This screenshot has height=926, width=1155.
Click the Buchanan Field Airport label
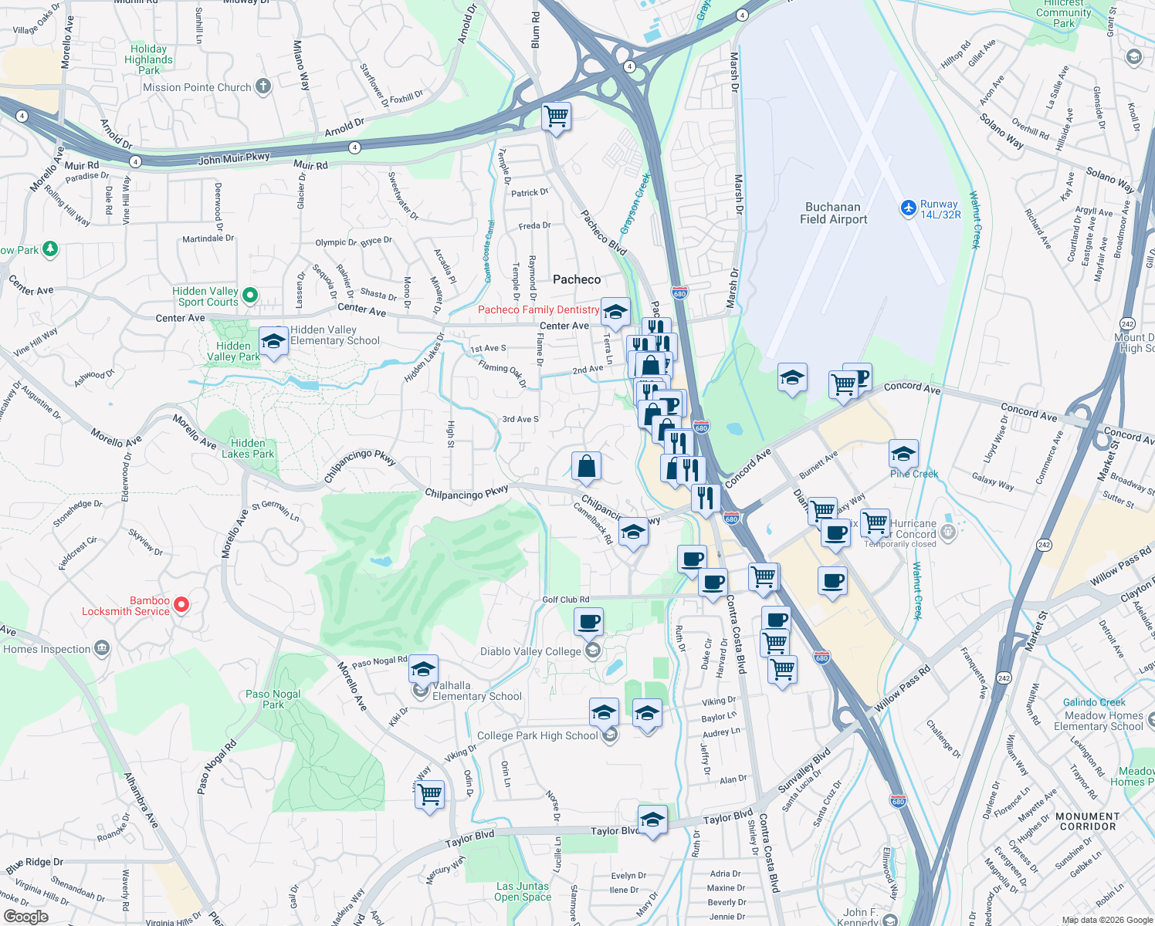[833, 213]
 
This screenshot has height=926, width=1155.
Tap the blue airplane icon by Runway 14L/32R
[908, 208]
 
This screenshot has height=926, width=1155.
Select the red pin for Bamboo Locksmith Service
[181, 605]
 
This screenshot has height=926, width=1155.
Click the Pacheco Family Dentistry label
[538, 309]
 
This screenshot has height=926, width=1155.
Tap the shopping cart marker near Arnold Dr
[556, 117]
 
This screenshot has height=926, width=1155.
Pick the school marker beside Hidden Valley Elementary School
[273, 342]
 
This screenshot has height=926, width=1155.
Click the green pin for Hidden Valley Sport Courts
[249, 296]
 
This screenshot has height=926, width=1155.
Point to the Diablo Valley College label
[530, 651]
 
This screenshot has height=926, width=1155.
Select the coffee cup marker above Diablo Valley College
[588, 621]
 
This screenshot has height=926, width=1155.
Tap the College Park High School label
[537, 735]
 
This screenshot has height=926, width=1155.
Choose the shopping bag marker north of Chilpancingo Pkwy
[586, 466]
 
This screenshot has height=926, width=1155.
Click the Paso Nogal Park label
[273, 699]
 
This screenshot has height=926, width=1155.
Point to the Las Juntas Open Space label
[523, 891]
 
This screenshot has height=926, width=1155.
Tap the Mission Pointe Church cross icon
[263, 86]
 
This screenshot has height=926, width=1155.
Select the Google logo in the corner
[25, 917]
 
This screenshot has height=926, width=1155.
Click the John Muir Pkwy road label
[234, 159]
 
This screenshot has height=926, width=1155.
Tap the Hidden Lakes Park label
[248, 448]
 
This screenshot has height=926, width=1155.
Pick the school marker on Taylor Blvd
[652, 820]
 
